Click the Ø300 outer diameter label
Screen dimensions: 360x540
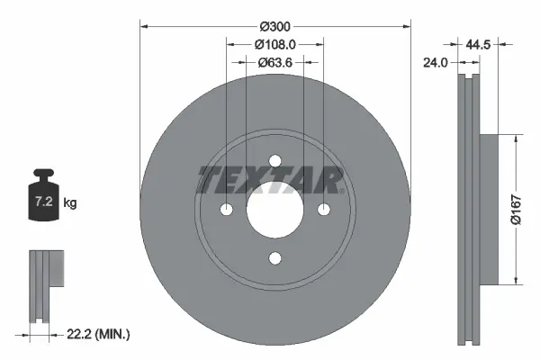tap(274, 25)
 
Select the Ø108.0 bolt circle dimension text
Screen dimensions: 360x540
tap(274, 44)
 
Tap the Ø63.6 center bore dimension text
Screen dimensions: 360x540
tap(274, 63)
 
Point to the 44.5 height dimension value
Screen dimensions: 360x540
tap(479, 42)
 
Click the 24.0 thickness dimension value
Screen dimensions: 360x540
tap(436, 63)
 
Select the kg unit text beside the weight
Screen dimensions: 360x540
tap(71, 203)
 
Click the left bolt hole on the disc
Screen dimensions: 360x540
tap(226, 210)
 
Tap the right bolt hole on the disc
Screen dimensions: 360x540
tap(323, 210)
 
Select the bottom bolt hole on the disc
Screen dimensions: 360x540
tap(274, 258)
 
